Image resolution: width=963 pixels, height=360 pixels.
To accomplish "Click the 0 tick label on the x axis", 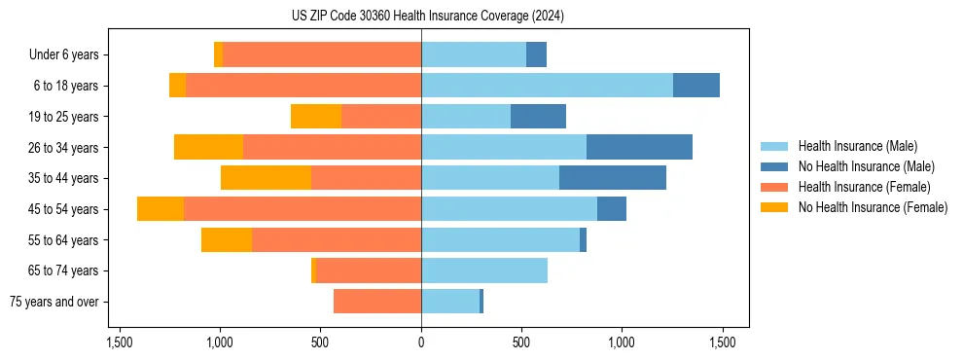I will [421, 342].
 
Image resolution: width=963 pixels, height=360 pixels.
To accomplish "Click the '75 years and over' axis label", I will [54, 302].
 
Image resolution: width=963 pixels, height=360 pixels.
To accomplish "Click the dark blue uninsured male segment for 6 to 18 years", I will [696, 86].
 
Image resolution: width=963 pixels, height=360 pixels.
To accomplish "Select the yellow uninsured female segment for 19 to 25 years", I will [316, 117].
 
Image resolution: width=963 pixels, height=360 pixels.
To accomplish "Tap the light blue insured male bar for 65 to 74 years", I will [484, 270].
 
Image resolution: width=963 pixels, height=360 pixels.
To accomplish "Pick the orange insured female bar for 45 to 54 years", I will [303, 209].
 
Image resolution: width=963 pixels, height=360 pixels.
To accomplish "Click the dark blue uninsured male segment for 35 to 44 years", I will [613, 178].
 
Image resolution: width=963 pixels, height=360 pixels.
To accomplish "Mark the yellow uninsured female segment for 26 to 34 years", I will [208, 147].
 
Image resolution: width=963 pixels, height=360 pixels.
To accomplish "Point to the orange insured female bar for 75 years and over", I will [377, 302].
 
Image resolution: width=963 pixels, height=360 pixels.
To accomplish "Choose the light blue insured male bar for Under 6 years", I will [474, 54].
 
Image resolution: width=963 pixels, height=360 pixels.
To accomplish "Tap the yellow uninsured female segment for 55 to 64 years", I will [227, 240].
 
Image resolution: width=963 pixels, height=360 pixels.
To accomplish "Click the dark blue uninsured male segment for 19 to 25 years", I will [538, 117].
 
